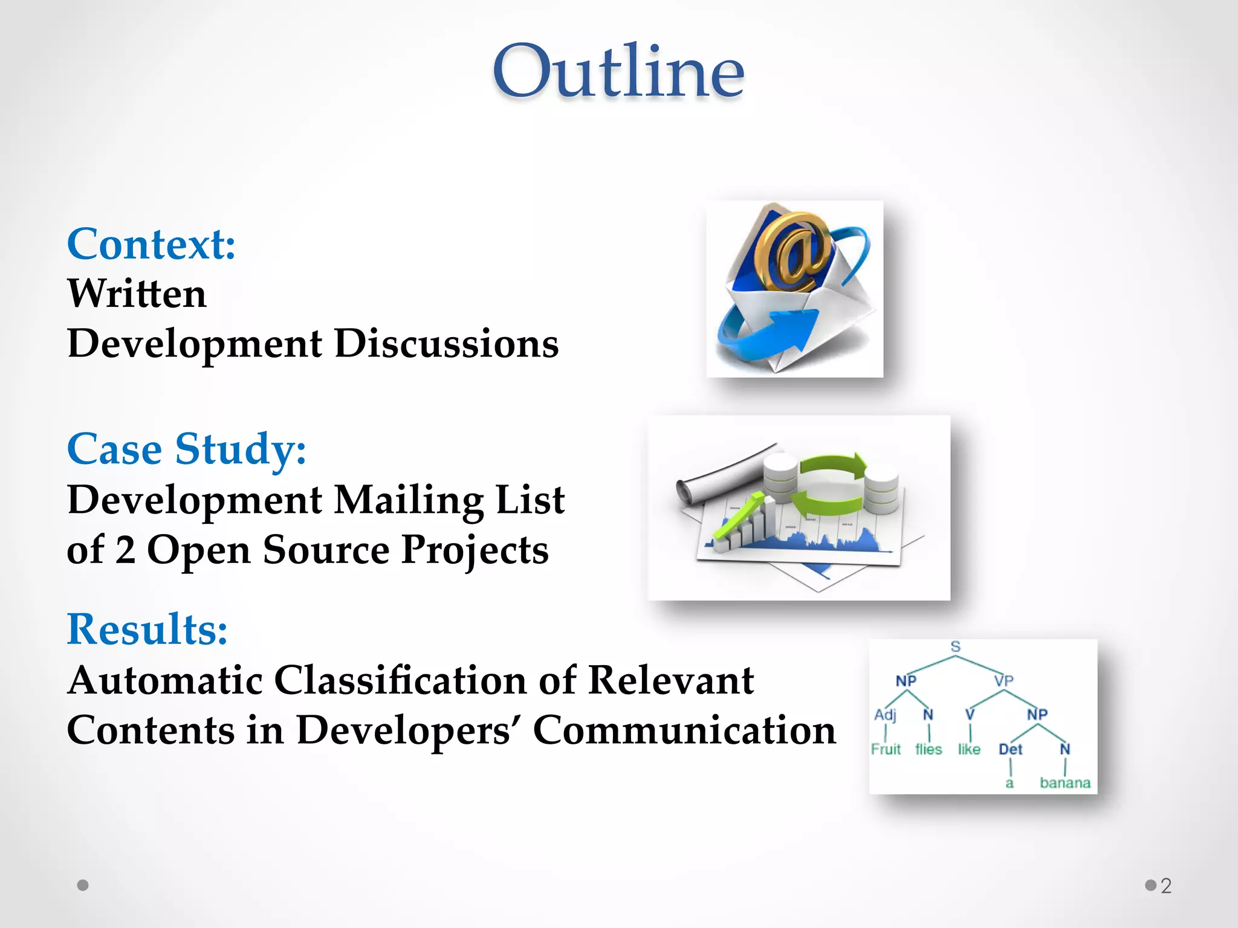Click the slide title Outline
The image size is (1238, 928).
618,71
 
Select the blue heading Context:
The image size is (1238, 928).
151,244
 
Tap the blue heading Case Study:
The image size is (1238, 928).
186,449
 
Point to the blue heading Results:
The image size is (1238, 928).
147,630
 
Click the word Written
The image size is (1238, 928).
137,294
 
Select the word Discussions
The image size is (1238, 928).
446,344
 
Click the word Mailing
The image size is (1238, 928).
409,500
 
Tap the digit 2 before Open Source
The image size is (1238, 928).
125,550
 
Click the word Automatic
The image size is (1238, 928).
164,681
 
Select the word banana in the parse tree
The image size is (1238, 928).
1065,783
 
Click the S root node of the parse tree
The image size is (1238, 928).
955,646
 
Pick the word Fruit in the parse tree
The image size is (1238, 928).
886,749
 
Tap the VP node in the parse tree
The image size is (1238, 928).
1003,681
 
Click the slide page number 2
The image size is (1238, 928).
1166,886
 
